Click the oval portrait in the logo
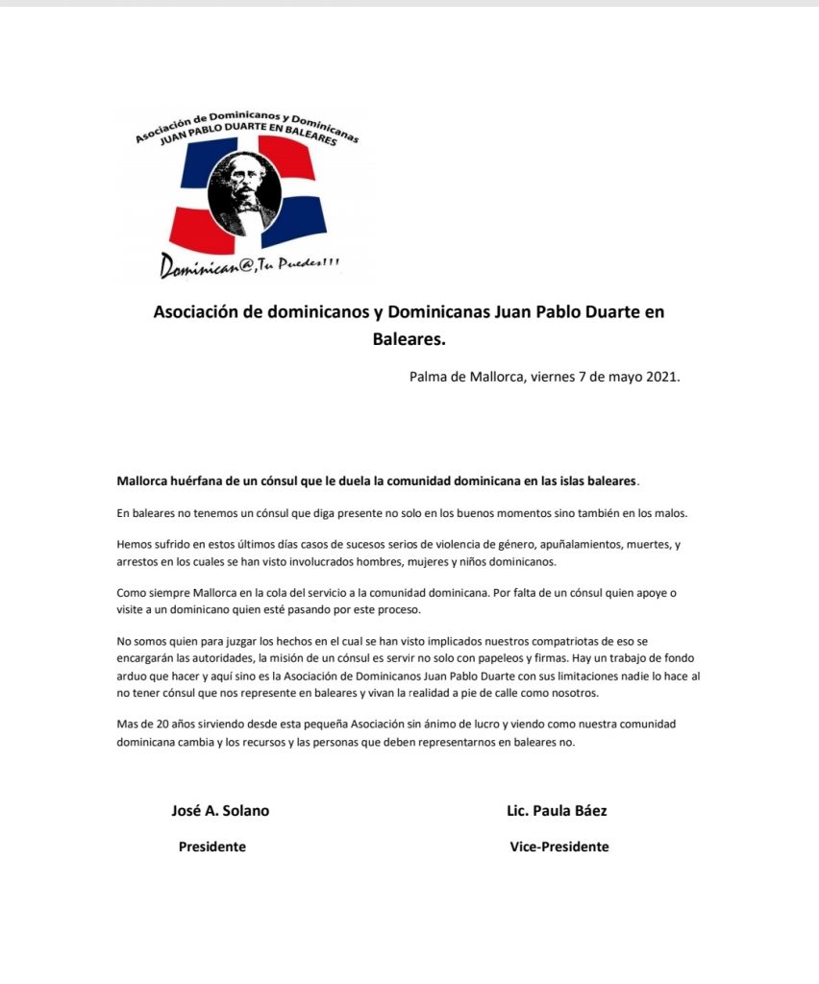pyautogui.click(x=244, y=190)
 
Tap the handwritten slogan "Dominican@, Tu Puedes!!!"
pyautogui.click(x=249, y=265)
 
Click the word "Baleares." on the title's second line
pyautogui.click(x=409, y=338)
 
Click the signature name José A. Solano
pyautogui.click(x=219, y=810)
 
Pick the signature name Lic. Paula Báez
pyautogui.click(x=557, y=810)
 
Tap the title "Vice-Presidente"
pyautogui.click(x=558, y=847)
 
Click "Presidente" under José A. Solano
pyautogui.click(x=211, y=847)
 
